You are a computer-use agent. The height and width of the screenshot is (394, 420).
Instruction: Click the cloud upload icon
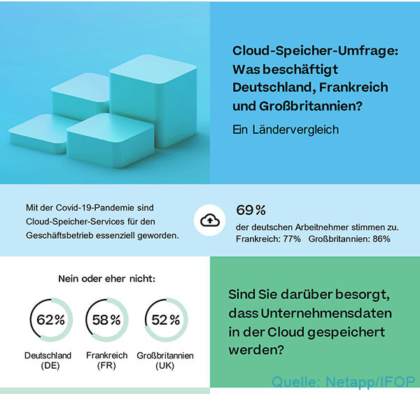click(x=209, y=220)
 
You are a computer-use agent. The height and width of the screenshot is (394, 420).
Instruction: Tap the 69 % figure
click(x=251, y=209)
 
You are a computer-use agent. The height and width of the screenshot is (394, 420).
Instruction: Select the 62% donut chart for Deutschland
click(x=50, y=320)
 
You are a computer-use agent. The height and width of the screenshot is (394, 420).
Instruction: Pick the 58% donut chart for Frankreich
click(x=106, y=320)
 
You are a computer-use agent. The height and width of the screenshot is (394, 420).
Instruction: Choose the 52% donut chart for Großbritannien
click(x=165, y=320)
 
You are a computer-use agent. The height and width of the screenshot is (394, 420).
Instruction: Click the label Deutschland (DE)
click(x=50, y=360)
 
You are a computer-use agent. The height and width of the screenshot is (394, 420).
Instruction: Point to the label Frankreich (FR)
click(x=106, y=360)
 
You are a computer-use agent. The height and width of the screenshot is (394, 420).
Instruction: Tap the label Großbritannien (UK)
click(x=166, y=360)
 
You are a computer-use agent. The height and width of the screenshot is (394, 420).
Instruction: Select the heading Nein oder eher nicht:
click(x=107, y=279)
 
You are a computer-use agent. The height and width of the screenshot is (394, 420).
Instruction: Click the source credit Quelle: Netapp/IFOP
click(x=343, y=381)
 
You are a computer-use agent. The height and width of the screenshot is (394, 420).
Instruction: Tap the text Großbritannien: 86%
click(x=349, y=239)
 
